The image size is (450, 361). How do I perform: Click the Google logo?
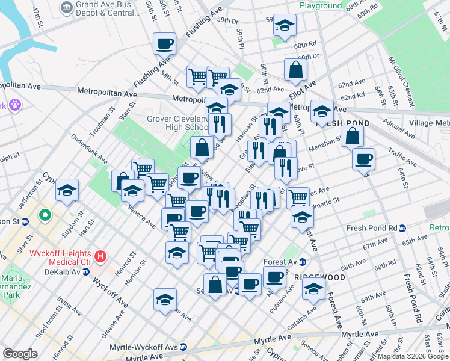[x=20, y=354]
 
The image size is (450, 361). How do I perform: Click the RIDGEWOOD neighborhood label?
[x=319, y=277]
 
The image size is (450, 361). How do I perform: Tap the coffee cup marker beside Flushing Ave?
[x=164, y=43]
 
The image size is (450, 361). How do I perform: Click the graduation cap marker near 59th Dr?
[x=285, y=25]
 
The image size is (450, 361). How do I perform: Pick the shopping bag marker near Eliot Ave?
[x=295, y=70]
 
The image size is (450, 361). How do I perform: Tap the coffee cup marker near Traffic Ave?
[x=363, y=159]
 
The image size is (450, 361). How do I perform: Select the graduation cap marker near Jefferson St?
[x=67, y=190]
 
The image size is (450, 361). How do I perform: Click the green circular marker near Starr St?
[x=44, y=215]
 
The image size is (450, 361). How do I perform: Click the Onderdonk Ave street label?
[x=88, y=156]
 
